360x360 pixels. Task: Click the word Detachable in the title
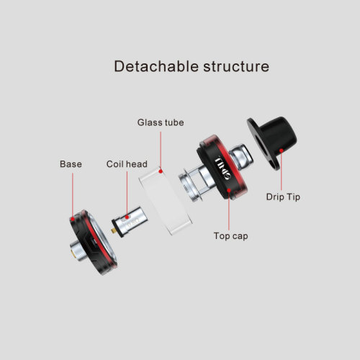tap(156, 66)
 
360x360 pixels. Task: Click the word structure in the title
tap(236, 66)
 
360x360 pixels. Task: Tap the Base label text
tap(71, 164)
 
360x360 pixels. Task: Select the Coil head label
tap(127, 164)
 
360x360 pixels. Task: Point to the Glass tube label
tap(161, 122)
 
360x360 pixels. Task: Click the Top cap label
tap(230, 236)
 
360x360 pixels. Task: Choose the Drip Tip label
tap(283, 197)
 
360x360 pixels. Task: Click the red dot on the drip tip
tap(282, 150)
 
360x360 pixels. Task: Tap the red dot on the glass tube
tap(161, 171)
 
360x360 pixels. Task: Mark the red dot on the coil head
tap(127, 217)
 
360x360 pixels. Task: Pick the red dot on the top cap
tap(229, 190)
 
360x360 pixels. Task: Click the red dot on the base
tap(72, 219)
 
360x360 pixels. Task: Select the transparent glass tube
tap(165, 199)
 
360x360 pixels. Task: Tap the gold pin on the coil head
tap(113, 231)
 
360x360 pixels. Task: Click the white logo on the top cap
tap(222, 168)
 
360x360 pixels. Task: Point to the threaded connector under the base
tap(78, 251)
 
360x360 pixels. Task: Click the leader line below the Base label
tap(73, 195)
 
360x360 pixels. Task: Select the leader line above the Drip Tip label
tap(282, 171)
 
